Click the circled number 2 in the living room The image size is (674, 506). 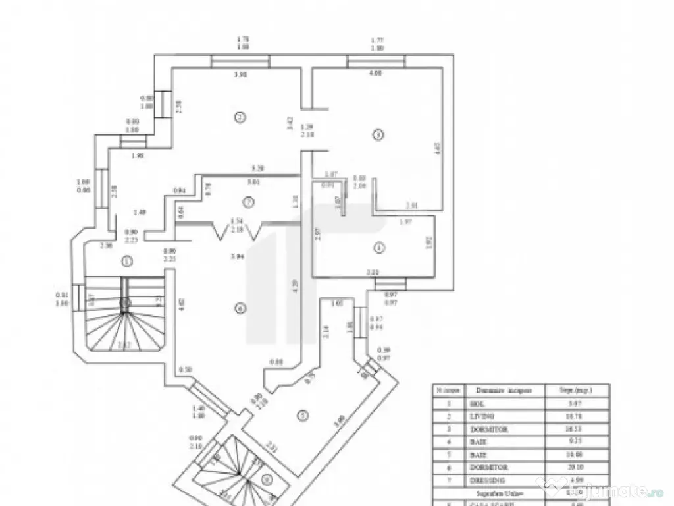click(x=240, y=117)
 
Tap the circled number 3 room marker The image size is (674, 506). click(x=377, y=135)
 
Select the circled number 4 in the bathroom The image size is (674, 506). click(x=378, y=248)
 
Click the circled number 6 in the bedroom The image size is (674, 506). click(x=240, y=308)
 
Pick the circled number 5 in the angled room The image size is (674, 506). click(x=302, y=415)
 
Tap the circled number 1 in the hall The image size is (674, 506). click(x=127, y=261)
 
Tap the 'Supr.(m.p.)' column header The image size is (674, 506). click(x=577, y=390)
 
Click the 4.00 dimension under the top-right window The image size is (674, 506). click(x=375, y=74)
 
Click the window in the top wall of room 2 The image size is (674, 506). click(x=240, y=61)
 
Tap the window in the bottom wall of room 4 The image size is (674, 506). click(x=391, y=283)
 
